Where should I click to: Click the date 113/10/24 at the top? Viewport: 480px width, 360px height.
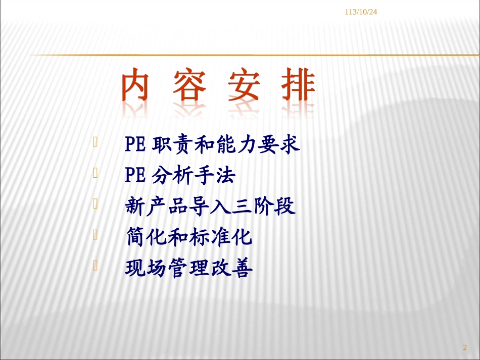pos(361,12)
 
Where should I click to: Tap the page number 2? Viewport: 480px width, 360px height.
pos(465,347)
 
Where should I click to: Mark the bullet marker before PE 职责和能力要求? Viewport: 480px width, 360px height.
pos(95,143)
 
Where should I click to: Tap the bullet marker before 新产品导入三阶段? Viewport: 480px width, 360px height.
pos(95,204)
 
